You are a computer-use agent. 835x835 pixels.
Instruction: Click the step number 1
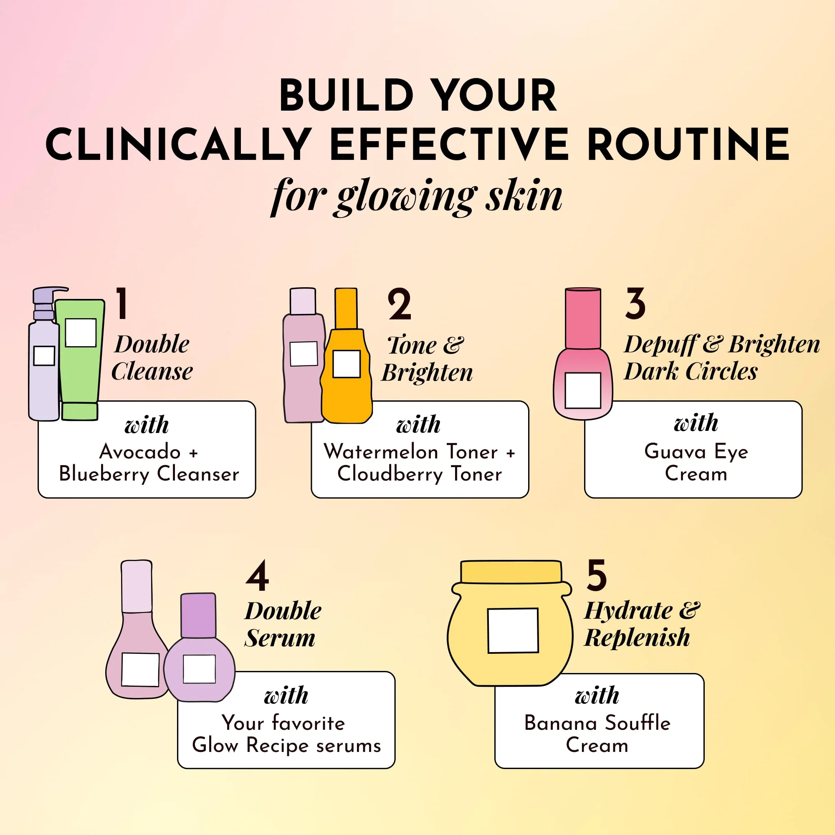click(x=122, y=304)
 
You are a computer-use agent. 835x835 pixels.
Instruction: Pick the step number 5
click(x=597, y=575)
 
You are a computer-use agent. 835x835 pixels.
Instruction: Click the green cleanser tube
click(x=80, y=359)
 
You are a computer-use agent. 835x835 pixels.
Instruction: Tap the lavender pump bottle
click(x=45, y=354)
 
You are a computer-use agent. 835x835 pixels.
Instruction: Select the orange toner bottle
click(x=347, y=356)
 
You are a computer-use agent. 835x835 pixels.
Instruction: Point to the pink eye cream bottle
click(x=583, y=354)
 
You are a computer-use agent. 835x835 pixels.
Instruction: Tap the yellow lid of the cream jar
click(x=511, y=572)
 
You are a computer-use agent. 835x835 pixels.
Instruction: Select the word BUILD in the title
click(x=346, y=96)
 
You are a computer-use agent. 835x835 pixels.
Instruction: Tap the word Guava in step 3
click(x=675, y=452)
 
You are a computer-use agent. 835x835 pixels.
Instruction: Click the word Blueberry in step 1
click(x=104, y=475)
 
